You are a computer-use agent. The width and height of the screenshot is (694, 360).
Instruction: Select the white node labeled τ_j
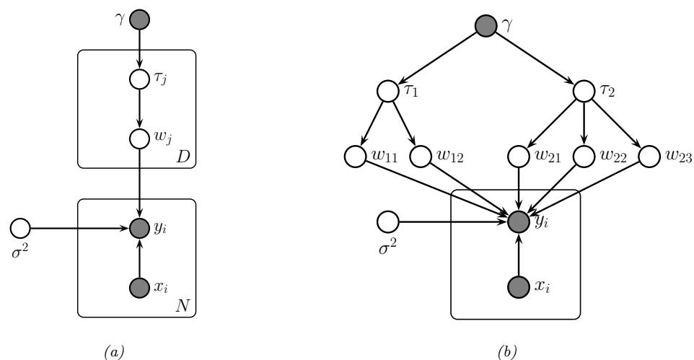(x=139, y=77)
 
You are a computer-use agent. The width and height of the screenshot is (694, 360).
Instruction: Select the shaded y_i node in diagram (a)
(x=139, y=229)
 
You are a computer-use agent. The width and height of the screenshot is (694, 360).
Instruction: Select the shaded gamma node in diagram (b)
(x=485, y=28)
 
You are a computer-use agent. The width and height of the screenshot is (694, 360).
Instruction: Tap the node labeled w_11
(x=355, y=156)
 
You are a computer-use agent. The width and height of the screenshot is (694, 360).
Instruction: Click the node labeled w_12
(x=420, y=156)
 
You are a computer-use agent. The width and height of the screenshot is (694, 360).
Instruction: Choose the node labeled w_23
(x=648, y=156)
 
